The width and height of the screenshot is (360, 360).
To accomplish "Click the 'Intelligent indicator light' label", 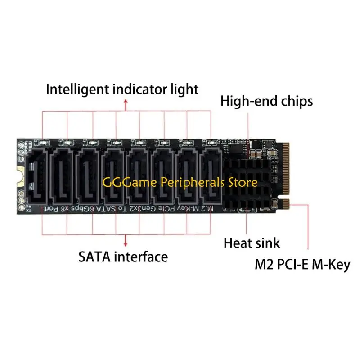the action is pos(122,89).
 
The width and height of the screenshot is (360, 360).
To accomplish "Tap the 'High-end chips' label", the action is pos(266,101).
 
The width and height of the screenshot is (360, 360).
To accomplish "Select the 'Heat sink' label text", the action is pos(252,243).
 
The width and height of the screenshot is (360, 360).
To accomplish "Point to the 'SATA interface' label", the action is pos(123,257).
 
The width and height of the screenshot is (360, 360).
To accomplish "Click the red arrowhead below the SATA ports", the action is pos(125,242).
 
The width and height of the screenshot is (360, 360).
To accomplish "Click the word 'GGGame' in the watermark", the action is pos(121,183).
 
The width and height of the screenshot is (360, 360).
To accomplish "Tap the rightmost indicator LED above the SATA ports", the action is pos(211,143).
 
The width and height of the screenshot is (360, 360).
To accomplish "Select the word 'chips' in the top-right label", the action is pos(295,101).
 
